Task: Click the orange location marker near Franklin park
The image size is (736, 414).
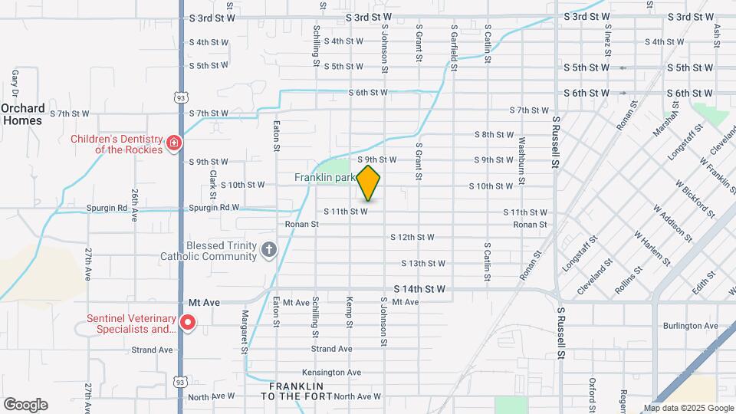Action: tap(369, 182)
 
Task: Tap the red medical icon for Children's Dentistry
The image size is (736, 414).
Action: tap(175, 142)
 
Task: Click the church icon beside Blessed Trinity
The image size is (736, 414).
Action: tap(268, 248)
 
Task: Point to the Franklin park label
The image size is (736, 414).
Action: tap(325, 177)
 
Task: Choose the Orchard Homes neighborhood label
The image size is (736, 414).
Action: tap(21, 114)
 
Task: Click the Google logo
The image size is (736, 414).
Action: tap(25, 404)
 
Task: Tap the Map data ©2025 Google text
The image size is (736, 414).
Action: tap(688, 408)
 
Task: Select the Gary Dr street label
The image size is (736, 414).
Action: tap(15, 80)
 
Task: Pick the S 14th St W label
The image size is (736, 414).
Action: tap(419, 289)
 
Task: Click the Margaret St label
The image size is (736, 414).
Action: tap(245, 332)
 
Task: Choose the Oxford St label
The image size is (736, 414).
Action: tap(593, 390)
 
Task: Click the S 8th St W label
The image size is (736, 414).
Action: tap(494, 134)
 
